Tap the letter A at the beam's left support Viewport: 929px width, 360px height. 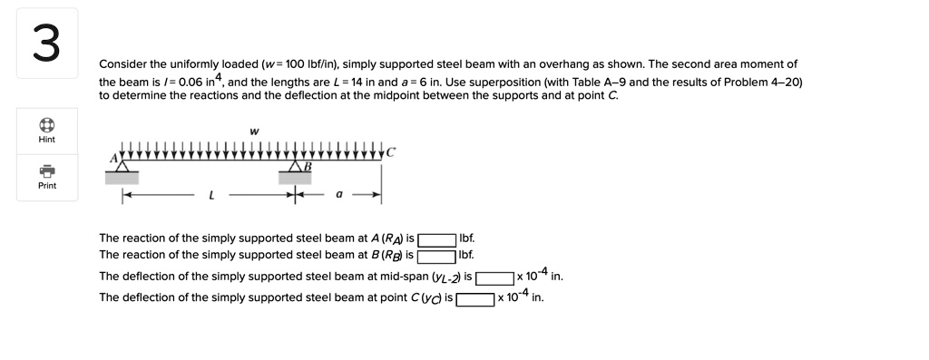[114, 156]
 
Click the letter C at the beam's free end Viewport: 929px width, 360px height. [391, 151]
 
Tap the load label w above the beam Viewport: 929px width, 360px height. [254, 131]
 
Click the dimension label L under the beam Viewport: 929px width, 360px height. [212, 194]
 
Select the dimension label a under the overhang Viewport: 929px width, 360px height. [338, 194]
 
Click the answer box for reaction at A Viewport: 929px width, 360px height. [437, 240]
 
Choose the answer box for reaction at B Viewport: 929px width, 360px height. [437, 255]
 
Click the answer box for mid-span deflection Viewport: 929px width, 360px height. [495, 277]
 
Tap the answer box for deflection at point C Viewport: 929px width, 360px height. [475, 297]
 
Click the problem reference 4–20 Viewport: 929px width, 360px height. [785, 82]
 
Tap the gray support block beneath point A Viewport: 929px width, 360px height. [122, 177]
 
